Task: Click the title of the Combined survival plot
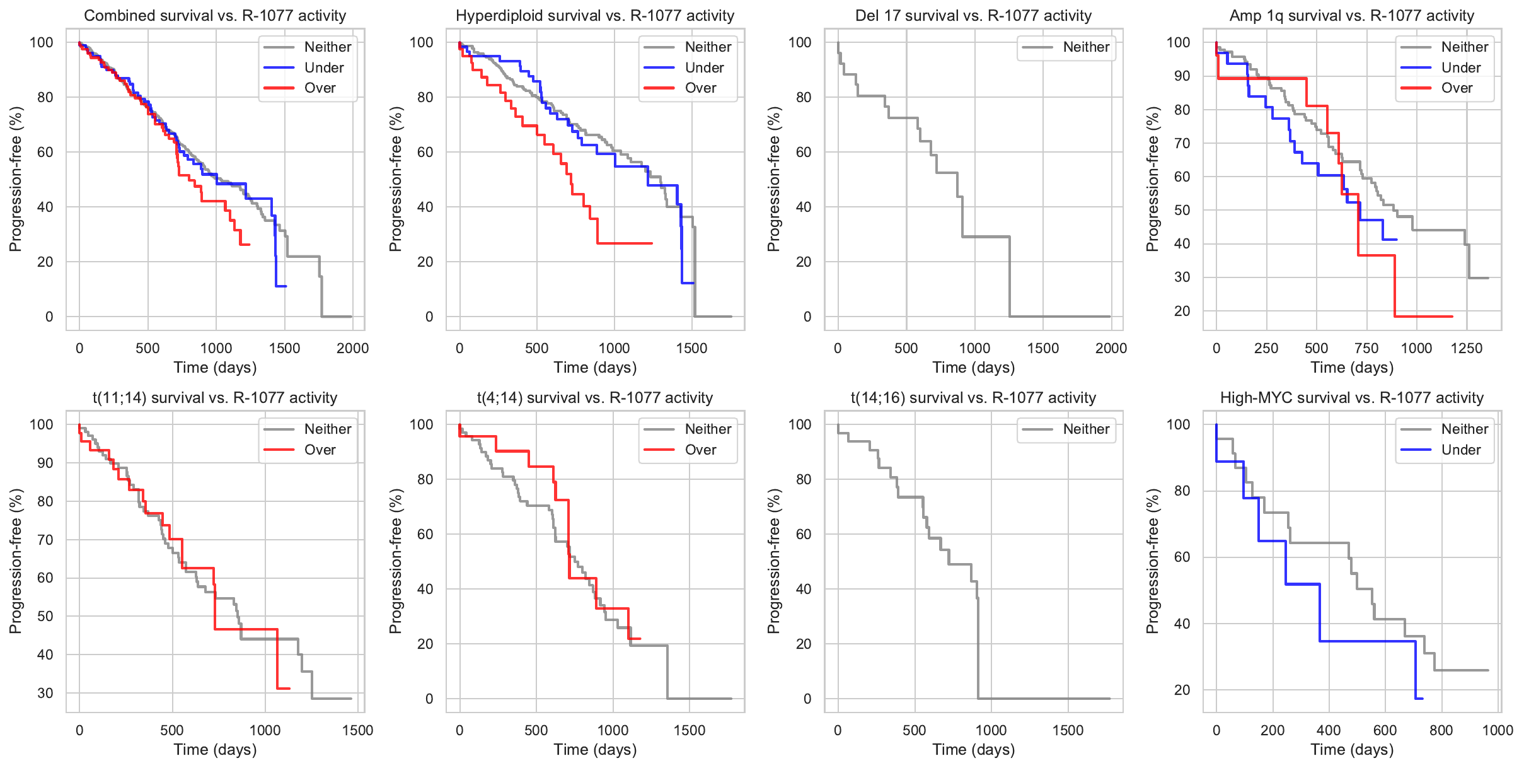coord(215,16)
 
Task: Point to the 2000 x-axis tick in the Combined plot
coord(352,348)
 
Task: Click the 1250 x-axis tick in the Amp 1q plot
coord(1466,348)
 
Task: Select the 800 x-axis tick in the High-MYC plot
coord(1441,730)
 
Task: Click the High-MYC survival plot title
coord(1351,398)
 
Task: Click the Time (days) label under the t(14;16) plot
coord(973,750)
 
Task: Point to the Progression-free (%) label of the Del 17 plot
coord(773,179)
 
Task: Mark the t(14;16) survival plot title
coord(973,398)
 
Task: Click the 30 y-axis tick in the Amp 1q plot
coord(1182,277)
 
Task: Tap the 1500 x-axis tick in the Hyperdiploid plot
coord(691,348)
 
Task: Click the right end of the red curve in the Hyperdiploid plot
coord(652,243)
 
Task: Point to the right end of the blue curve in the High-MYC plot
coord(1423,698)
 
